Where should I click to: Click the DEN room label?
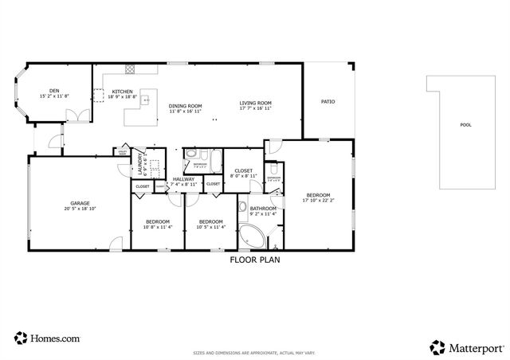tap(54, 91)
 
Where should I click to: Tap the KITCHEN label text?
tap(122, 91)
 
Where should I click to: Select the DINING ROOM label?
tap(185, 105)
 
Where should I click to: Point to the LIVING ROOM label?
tap(256, 103)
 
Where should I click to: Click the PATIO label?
tap(328, 102)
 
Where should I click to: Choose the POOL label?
tap(465, 125)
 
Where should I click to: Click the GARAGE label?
tap(80, 203)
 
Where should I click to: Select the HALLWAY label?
tap(184, 179)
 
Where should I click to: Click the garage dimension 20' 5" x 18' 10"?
tap(80, 209)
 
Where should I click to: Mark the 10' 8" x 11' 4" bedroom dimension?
tap(157, 227)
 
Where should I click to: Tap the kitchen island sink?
tap(146, 100)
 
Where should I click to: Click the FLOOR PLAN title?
tap(255, 259)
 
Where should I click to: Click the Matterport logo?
tap(467, 346)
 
